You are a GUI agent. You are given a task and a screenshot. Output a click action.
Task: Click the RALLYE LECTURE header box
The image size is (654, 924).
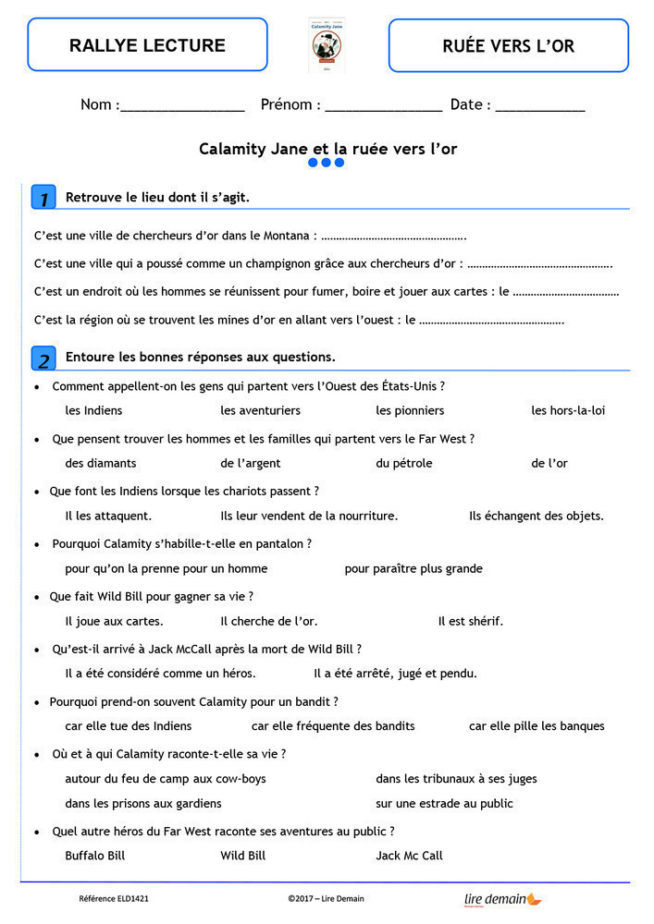pos(147,44)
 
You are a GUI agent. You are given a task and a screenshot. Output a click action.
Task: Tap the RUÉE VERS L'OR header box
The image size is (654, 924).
pos(508,45)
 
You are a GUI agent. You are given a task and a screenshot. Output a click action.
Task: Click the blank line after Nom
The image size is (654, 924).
pos(182,107)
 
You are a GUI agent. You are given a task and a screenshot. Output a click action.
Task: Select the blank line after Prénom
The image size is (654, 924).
pos(383,107)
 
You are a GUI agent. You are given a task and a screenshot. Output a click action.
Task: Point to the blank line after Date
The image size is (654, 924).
pos(540,107)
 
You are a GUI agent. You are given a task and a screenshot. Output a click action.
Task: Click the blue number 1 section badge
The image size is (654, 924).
pos(43,197)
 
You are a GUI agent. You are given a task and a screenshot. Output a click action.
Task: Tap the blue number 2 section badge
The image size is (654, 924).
pos(43,358)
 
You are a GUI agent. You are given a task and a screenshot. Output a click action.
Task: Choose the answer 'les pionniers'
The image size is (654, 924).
pos(410,410)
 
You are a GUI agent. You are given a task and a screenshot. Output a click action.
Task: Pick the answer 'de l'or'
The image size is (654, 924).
pos(549,463)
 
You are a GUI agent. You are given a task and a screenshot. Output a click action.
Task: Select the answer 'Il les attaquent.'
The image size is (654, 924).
pos(108,516)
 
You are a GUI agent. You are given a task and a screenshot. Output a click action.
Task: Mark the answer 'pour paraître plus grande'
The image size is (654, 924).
pos(413,568)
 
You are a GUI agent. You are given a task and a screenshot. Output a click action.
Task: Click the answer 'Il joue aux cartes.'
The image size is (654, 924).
pos(114,621)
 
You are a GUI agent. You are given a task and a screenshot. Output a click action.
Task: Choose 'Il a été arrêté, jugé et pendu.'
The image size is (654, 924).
pos(395,674)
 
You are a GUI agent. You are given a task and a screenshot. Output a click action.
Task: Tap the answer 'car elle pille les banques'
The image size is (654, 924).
pos(537,726)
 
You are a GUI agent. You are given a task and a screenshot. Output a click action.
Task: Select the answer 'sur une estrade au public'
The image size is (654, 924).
pos(444,804)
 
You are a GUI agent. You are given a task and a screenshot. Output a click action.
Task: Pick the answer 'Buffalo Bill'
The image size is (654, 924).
pos(94,856)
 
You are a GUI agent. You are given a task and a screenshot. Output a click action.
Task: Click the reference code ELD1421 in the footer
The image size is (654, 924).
pos(113,898)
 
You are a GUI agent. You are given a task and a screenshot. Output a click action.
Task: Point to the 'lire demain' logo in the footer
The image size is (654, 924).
pos(502,898)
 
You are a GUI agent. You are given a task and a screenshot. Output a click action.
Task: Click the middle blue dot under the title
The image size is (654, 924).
pos(327,163)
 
